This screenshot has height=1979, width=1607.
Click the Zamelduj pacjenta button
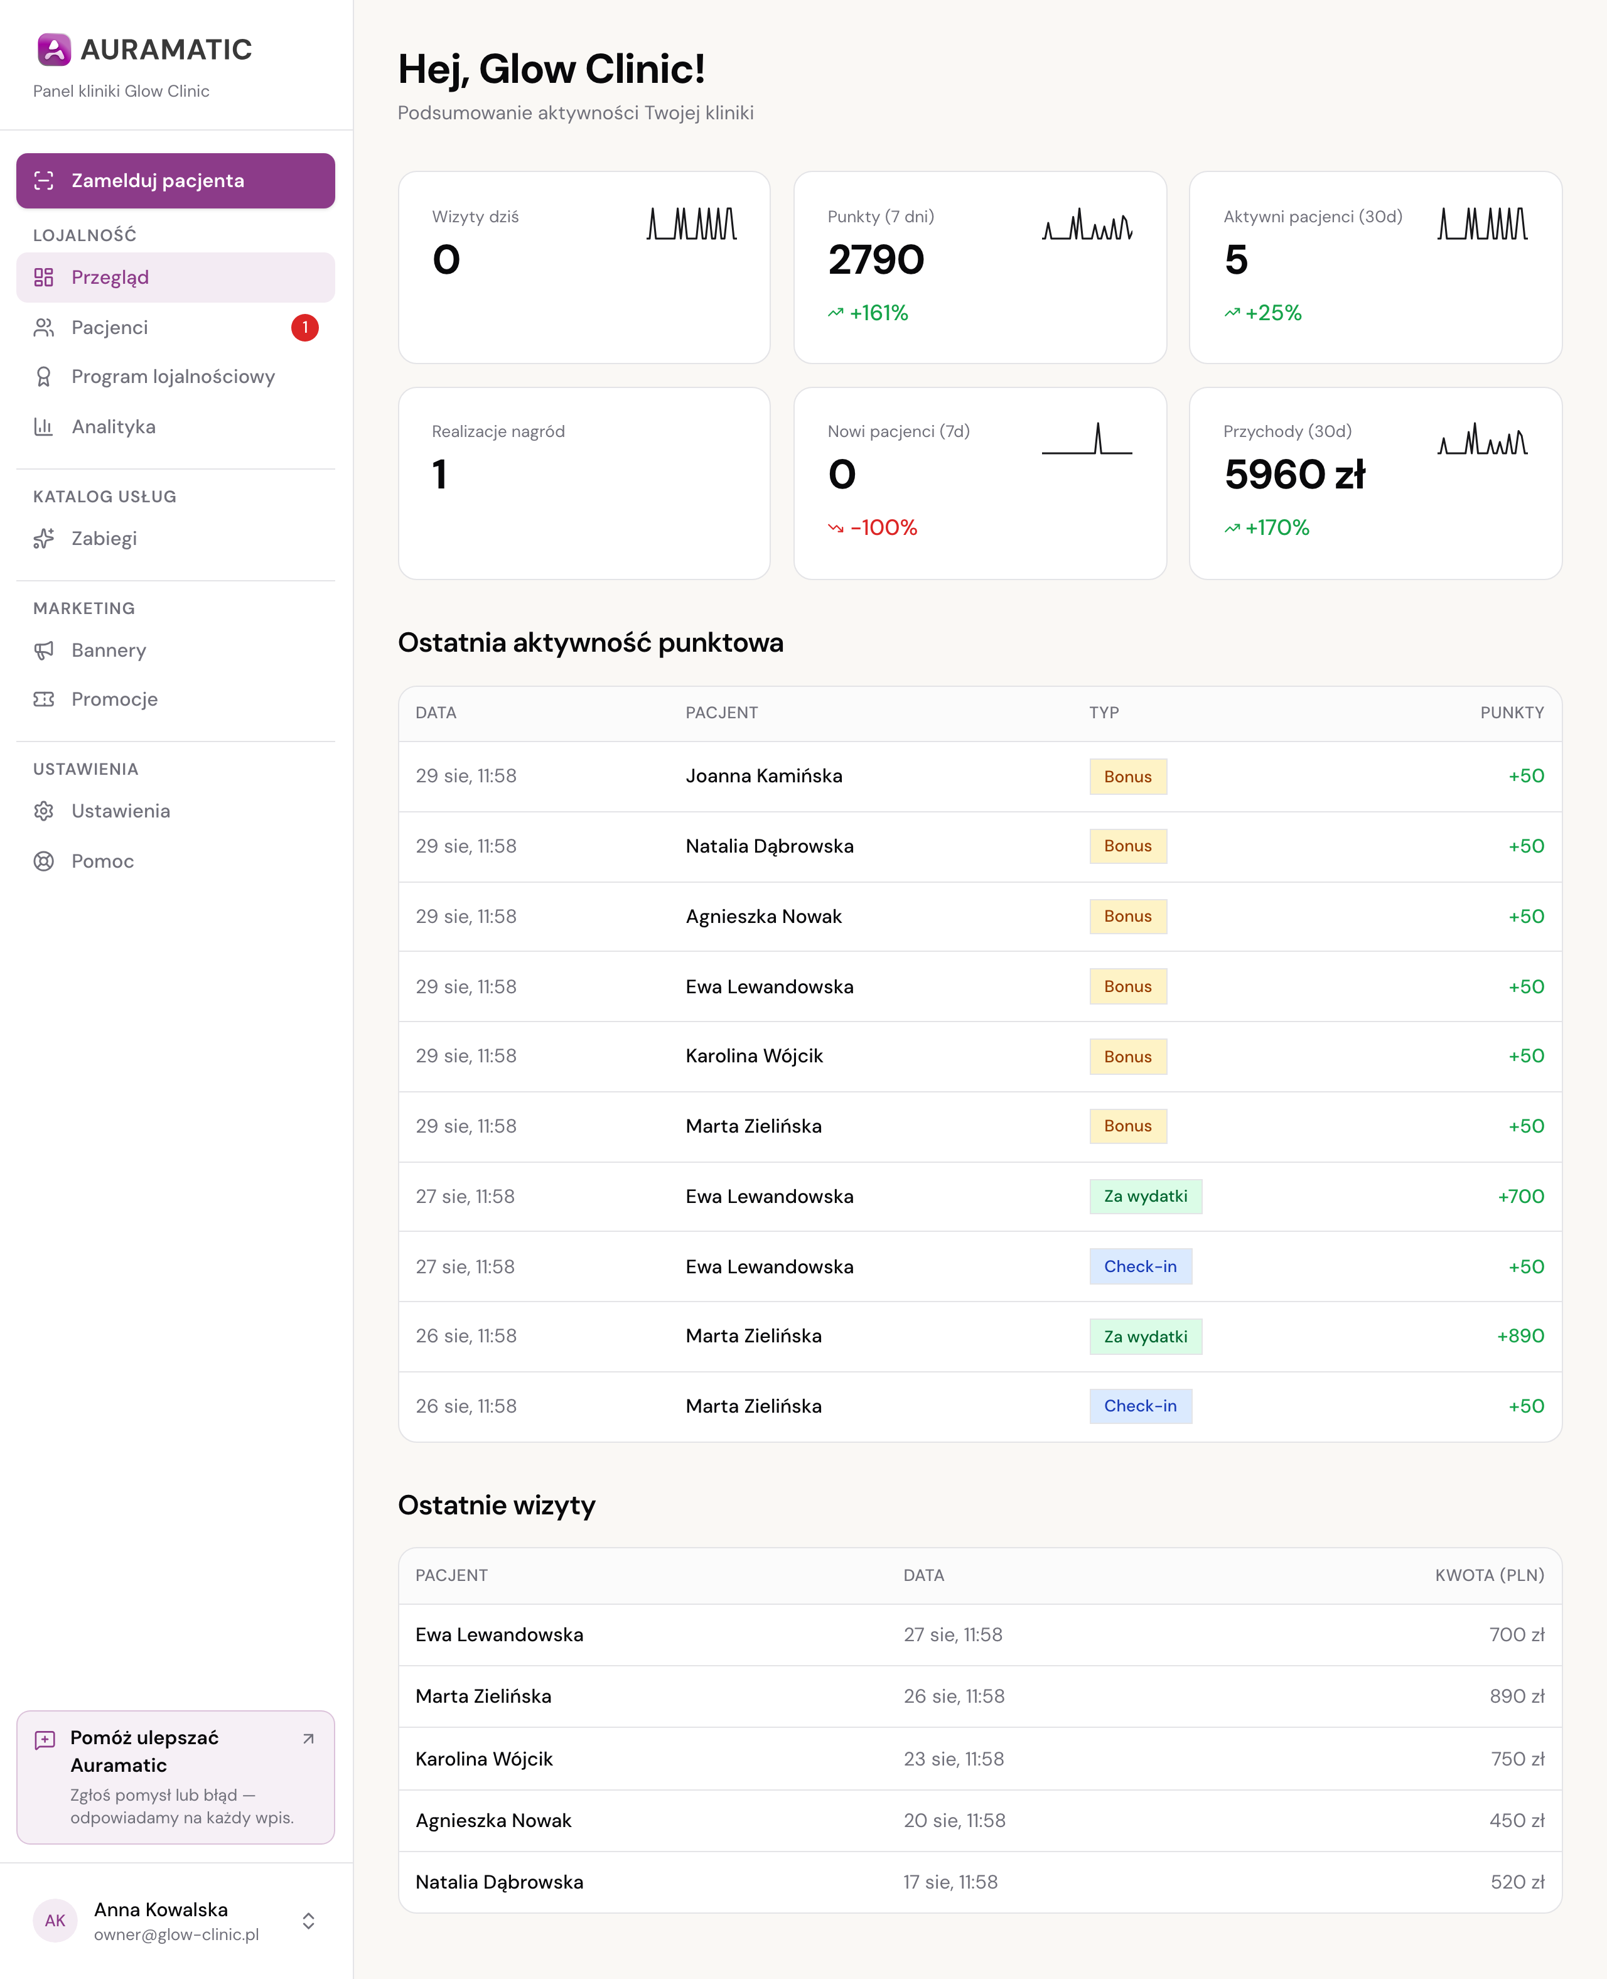click(x=175, y=180)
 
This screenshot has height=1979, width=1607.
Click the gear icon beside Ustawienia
click(x=43, y=811)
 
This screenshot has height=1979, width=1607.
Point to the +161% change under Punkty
click(x=868, y=313)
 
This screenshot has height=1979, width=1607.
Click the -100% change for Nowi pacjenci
click(x=873, y=527)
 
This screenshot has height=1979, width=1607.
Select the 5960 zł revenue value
click(x=1294, y=474)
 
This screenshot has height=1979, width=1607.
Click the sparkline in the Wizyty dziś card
click(x=692, y=223)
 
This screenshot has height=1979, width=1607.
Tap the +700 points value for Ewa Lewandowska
click(x=1521, y=1196)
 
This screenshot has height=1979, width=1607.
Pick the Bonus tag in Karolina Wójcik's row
click(x=1127, y=1056)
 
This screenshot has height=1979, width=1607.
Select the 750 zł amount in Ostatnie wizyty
click(x=1517, y=1759)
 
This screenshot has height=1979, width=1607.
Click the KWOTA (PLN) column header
click(x=1490, y=1575)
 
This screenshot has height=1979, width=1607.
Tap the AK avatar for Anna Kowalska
click(x=55, y=1921)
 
